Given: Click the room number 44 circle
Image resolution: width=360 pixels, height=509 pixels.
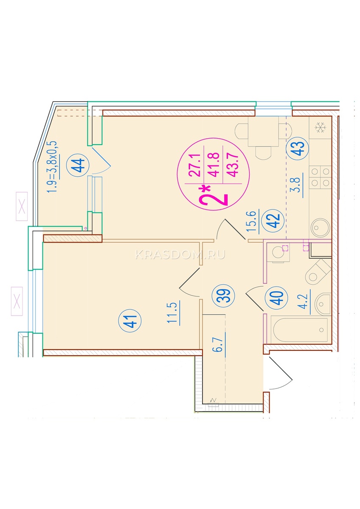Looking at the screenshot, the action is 78,165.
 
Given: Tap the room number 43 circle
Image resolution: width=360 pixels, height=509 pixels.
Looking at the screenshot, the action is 297,148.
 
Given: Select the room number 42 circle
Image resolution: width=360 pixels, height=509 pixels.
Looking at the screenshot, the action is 273,221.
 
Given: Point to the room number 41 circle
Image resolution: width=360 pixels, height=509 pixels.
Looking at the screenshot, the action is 129,321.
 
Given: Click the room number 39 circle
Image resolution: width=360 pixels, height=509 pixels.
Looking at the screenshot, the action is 223,296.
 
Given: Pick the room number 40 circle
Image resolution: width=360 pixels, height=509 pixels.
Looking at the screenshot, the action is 276,298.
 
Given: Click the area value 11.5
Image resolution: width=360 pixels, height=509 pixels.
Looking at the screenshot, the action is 173,313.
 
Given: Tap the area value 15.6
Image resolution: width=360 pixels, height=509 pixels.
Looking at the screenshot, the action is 253,221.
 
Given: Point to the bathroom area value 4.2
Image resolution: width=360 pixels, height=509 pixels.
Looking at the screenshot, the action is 304,302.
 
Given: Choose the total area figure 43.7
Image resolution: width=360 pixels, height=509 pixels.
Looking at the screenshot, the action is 233,165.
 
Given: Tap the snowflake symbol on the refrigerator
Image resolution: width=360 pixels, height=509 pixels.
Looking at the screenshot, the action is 320,128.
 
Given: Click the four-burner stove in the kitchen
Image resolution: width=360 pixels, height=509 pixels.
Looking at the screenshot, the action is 320,177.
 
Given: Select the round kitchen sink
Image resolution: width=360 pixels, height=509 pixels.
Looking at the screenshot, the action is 321,227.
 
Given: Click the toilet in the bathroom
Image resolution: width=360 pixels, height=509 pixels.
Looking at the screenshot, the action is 318,272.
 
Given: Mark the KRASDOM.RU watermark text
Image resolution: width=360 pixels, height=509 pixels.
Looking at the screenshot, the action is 180,255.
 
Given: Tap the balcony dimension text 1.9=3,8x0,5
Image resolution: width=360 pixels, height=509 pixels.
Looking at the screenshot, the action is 52,167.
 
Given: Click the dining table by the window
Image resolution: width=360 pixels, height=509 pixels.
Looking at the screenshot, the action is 263,132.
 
